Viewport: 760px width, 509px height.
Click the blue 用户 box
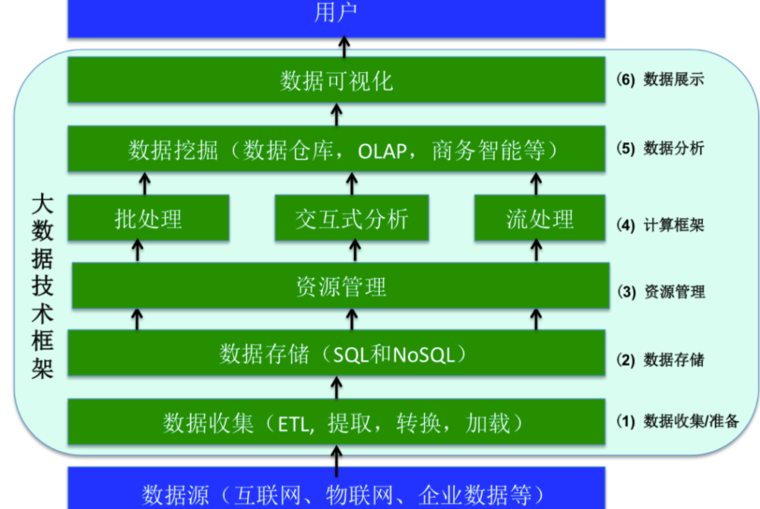tap(337, 18)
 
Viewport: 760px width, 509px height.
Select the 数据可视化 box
tap(337, 80)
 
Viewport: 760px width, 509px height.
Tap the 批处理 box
tap(148, 218)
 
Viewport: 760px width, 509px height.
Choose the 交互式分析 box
tap(352, 218)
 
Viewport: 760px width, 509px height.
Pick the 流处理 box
tap(540, 218)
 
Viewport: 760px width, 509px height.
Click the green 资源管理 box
tap(340, 286)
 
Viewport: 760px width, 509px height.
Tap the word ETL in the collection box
tap(293, 425)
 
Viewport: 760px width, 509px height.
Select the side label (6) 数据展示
tap(660, 80)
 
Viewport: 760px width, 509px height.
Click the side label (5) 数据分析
tap(660, 148)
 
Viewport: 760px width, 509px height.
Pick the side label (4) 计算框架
tap(660, 225)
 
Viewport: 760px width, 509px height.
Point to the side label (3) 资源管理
tap(661, 292)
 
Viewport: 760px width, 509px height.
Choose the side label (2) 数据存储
tap(660, 360)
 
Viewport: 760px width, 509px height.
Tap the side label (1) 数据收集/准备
tap(678, 421)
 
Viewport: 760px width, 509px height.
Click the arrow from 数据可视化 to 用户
tap(344, 47)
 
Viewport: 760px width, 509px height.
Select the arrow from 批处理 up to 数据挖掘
tap(144, 184)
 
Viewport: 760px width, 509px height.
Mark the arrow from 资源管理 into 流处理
tap(536, 251)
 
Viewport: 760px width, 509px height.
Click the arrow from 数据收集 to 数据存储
tap(337, 388)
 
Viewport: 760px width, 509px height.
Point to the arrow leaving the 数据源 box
tap(337, 460)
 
